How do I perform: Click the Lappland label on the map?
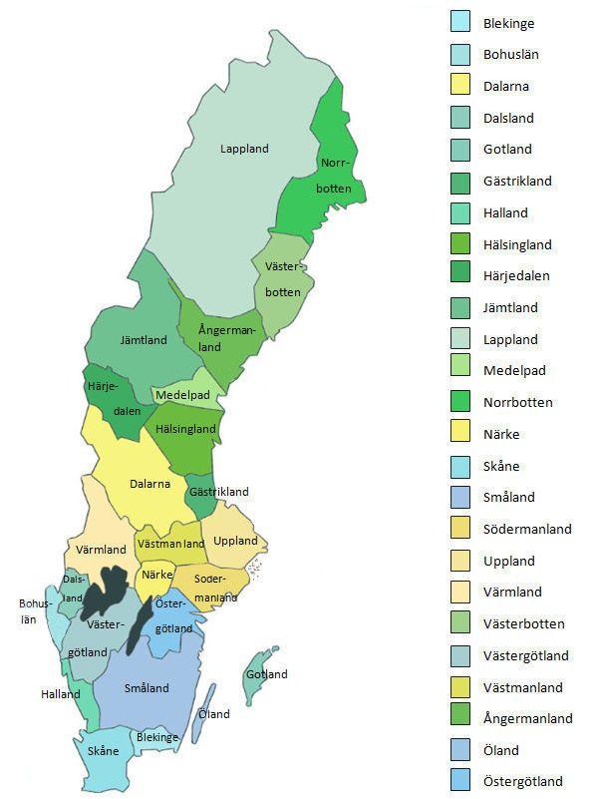click(x=244, y=150)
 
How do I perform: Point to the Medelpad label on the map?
click(x=182, y=396)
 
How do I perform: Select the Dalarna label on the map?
click(x=150, y=485)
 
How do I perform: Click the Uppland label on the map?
click(x=235, y=541)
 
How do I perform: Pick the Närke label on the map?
click(x=157, y=575)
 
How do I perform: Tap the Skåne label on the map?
click(x=103, y=751)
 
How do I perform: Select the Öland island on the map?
click(x=206, y=710)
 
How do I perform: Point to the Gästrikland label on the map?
click(x=218, y=492)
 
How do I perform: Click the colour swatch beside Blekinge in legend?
click(x=460, y=23)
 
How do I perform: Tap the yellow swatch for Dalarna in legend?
click(x=460, y=86)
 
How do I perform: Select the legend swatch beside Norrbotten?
click(x=460, y=403)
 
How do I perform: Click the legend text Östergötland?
click(x=523, y=782)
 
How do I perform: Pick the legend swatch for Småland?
click(x=460, y=498)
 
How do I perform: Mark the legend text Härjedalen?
click(x=516, y=276)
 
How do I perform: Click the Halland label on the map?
click(x=61, y=694)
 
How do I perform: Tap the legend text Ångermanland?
click(x=527, y=719)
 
